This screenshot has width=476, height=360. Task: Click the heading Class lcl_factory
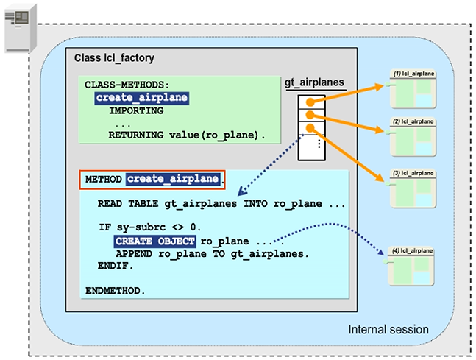[114, 58]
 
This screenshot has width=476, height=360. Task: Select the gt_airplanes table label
[314, 84]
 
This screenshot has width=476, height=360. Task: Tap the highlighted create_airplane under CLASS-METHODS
[141, 98]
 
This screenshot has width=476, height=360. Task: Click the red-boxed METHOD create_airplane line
[152, 179]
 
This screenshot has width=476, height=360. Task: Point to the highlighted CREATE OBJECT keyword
[154, 241]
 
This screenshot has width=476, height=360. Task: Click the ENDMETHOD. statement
[116, 290]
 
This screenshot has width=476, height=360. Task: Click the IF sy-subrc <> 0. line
[149, 227]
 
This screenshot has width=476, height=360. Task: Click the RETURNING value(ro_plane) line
[186, 135]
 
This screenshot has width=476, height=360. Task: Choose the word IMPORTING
[136, 111]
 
